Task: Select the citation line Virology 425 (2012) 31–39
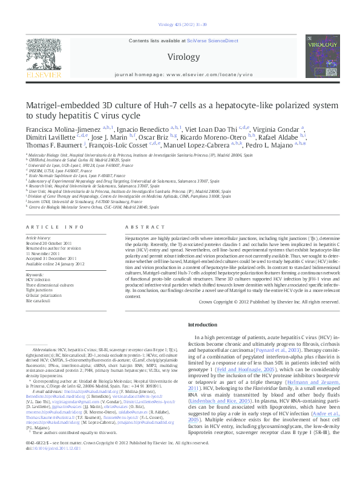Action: pos(182,24)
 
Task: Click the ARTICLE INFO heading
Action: pos(54,227)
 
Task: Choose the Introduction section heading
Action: pos(203,325)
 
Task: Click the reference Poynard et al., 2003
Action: pos(284,349)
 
